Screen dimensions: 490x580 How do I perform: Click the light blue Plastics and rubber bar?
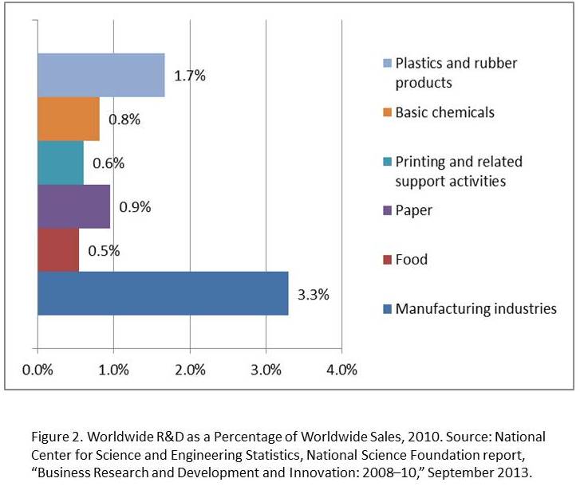coord(101,76)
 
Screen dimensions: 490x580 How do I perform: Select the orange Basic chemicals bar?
coord(69,119)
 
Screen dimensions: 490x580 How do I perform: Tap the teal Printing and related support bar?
coord(61,163)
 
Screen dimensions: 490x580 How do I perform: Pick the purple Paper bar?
coord(73,206)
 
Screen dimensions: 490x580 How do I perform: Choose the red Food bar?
coord(58,249)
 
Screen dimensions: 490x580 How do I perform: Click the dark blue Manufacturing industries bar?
coord(163,293)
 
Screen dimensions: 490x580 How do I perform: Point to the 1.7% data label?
coord(190,76)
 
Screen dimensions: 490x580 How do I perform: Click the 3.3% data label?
coord(313,294)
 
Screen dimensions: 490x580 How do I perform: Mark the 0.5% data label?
coord(104,250)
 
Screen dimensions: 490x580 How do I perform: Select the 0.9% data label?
coord(135,207)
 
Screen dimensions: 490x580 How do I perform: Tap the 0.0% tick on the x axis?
coord(37,370)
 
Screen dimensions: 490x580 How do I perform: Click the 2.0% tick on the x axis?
coord(190,370)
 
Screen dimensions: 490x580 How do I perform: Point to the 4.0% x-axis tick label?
coord(341,370)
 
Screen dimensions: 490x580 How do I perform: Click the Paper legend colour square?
coord(387,211)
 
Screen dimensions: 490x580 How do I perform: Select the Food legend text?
coord(412,260)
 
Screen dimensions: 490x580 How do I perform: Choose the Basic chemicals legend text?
coord(445,112)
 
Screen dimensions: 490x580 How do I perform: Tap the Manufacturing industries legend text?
coord(476,308)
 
